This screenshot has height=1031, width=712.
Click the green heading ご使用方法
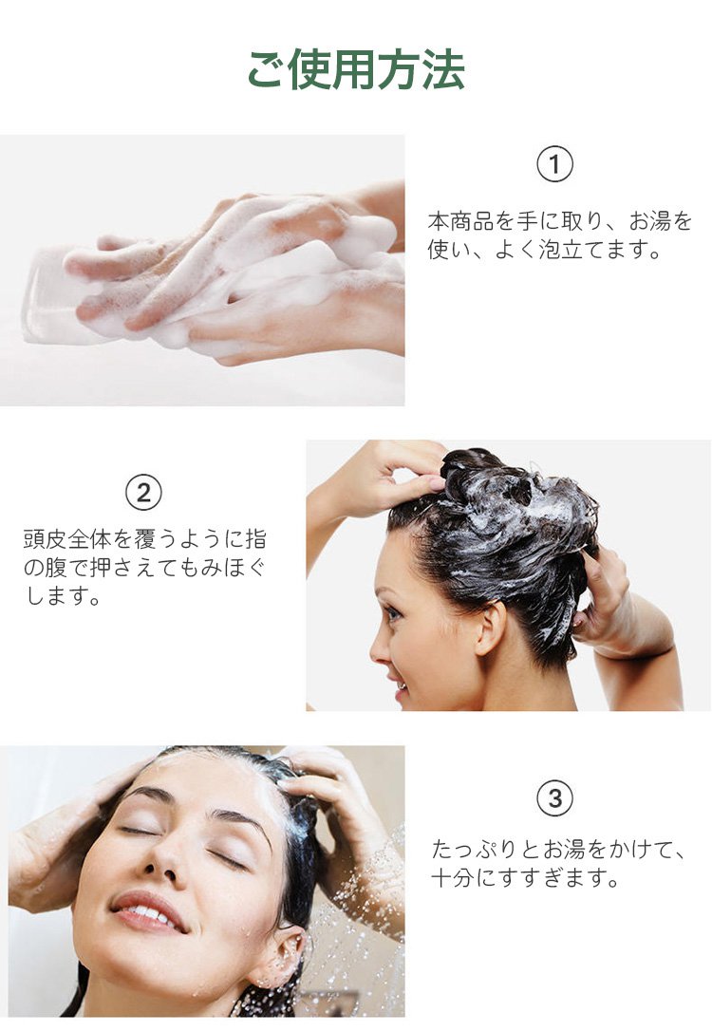point(356,69)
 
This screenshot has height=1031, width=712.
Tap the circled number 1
point(554,163)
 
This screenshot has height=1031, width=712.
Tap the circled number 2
point(143,492)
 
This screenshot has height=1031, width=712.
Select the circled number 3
point(554,798)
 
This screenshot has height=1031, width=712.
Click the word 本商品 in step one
point(460,221)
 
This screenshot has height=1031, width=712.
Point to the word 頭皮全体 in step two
point(67,539)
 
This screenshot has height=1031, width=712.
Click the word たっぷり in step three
point(475,849)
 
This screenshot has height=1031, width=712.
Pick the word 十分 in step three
point(453,878)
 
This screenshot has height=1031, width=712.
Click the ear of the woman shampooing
point(489,628)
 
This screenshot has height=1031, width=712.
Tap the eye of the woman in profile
point(393,615)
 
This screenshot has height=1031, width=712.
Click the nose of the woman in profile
point(380,647)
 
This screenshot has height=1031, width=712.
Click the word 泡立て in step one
point(571,250)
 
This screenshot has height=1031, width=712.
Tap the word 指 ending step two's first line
point(255,539)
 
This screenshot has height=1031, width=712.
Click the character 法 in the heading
point(443,69)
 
